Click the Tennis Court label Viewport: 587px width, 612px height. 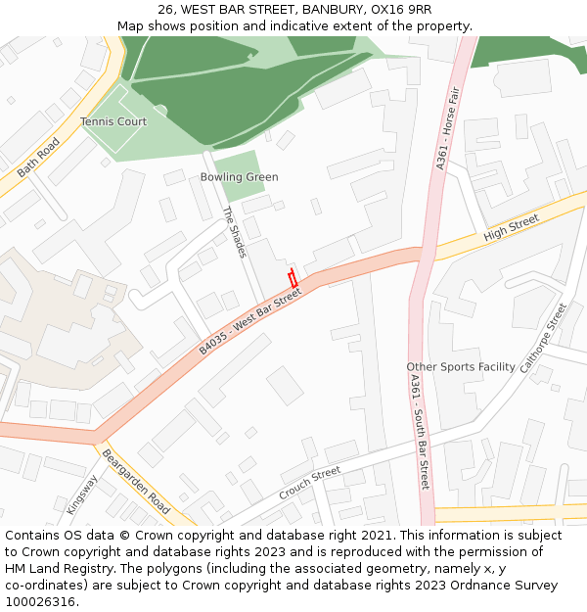pos(113,121)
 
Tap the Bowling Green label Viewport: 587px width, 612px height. pos(239,177)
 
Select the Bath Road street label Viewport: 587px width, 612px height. pos(38,157)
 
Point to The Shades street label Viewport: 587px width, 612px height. pos(234,232)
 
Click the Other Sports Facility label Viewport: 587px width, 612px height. pos(460,367)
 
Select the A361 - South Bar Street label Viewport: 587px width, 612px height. pos(420,432)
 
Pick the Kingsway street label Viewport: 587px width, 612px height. pos(82,494)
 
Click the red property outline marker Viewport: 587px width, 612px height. pos(293,277)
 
